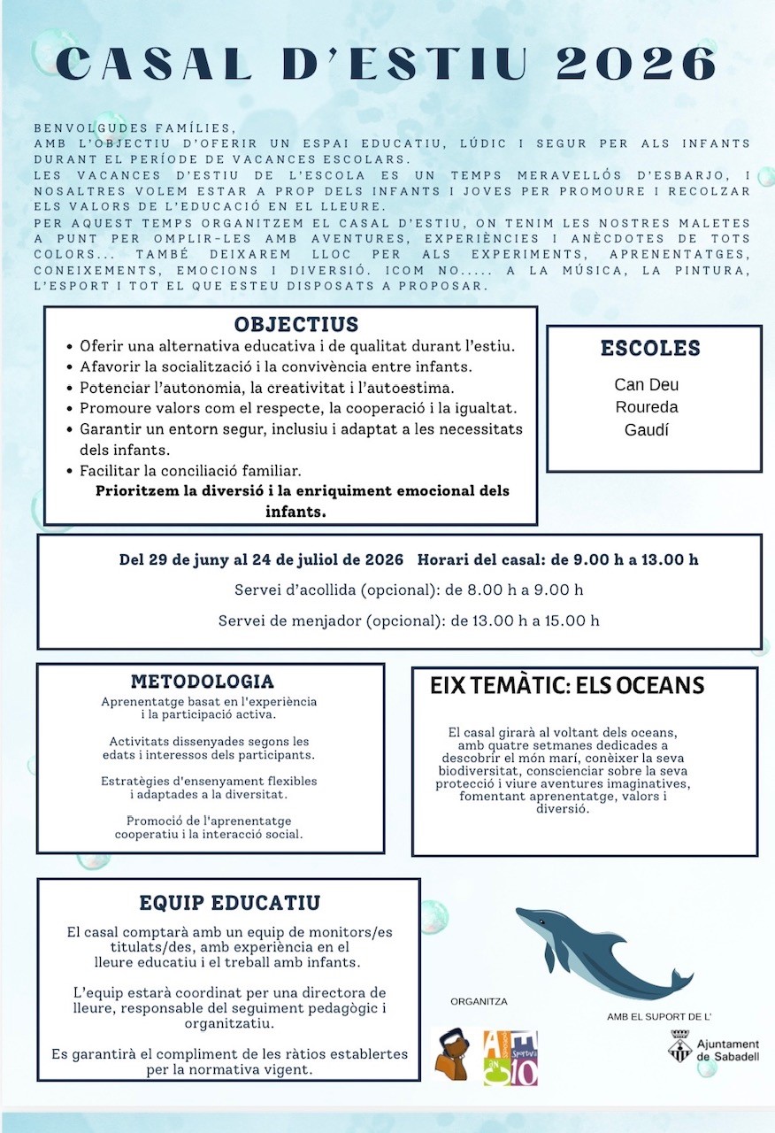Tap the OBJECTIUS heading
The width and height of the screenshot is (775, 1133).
pyautogui.click(x=295, y=324)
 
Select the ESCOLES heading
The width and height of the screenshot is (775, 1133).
pyautogui.click(x=650, y=348)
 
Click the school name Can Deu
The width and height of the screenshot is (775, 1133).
pyautogui.click(x=647, y=385)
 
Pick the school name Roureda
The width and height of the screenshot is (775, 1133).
pyautogui.click(x=647, y=407)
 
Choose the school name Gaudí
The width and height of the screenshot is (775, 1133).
pyautogui.click(x=647, y=429)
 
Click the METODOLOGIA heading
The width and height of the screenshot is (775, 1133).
pyautogui.click(x=203, y=682)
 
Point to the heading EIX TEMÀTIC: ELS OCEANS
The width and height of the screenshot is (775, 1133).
pyautogui.click(x=567, y=686)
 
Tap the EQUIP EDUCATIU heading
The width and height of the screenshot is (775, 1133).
pyautogui.click(x=229, y=904)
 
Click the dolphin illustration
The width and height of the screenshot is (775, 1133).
pyautogui.click(x=593, y=948)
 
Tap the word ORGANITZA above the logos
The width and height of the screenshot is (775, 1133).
pyautogui.click(x=479, y=1002)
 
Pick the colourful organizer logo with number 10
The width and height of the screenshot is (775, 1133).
pyautogui.click(x=510, y=1058)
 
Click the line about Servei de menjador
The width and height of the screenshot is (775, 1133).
pyautogui.click(x=409, y=620)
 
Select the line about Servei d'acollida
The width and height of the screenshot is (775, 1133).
pyautogui.click(x=409, y=590)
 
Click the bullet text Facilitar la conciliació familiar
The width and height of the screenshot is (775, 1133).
pyautogui.click(x=190, y=470)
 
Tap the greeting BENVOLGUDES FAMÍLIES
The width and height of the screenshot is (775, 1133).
pyautogui.click(x=135, y=127)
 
